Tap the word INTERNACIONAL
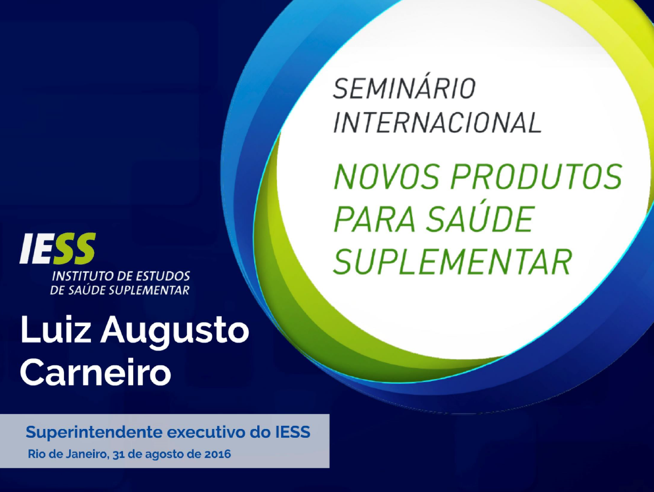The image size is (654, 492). point(438,122)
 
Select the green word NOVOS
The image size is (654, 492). point(386,176)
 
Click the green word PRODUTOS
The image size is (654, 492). point(536,176)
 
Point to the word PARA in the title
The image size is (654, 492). point(375,219)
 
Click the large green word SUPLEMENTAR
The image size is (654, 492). point(453,262)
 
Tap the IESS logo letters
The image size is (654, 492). point(58,248)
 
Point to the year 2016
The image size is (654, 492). point(218,454)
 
